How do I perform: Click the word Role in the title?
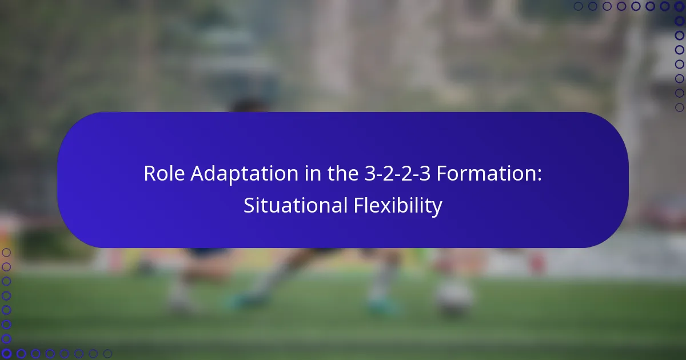pos(161,174)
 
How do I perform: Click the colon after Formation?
pos(539,175)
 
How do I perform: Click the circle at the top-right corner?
pos(680,6)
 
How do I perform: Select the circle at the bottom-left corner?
pos(6,354)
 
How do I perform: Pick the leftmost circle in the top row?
pos(578,6)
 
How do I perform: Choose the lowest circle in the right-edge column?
pos(680,107)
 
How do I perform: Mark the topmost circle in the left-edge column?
pos(6,252)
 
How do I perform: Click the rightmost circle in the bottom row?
pos(107,354)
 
